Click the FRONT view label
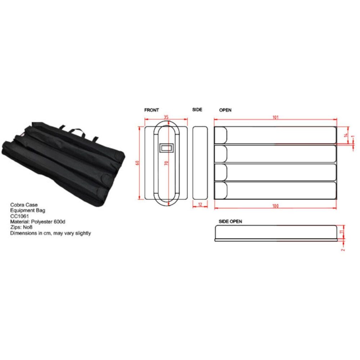(x=151, y=110)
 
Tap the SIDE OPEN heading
(x=230, y=221)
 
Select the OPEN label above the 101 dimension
(x=225, y=110)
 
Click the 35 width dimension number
(x=166, y=117)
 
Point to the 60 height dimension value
(x=137, y=163)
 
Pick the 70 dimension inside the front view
(x=166, y=163)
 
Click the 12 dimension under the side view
(x=200, y=204)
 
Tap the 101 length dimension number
(x=276, y=117)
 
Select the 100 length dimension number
(x=275, y=206)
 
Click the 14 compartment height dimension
(x=345, y=135)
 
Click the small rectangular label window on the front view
(x=166, y=147)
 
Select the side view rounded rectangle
(x=200, y=162)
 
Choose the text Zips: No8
(x=22, y=228)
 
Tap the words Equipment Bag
(x=25, y=210)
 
